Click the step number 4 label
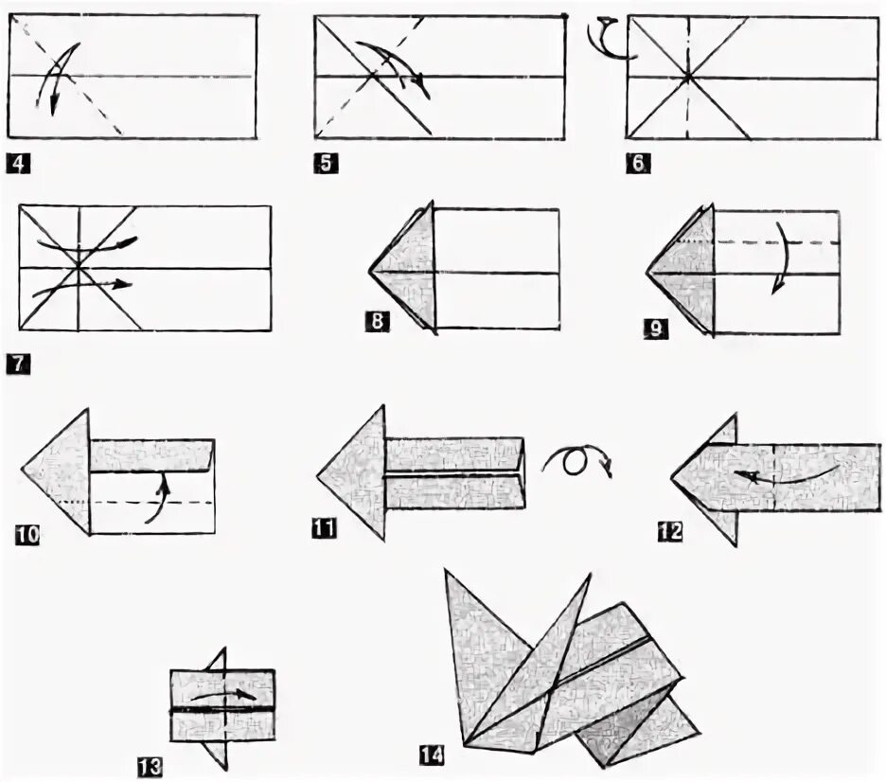(x=18, y=163)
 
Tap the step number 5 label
(x=325, y=163)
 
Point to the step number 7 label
(x=18, y=361)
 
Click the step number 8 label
(x=376, y=323)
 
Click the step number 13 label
(x=150, y=765)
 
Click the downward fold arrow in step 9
(x=778, y=259)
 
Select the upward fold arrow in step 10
(x=159, y=499)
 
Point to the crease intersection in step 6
(x=688, y=76)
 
